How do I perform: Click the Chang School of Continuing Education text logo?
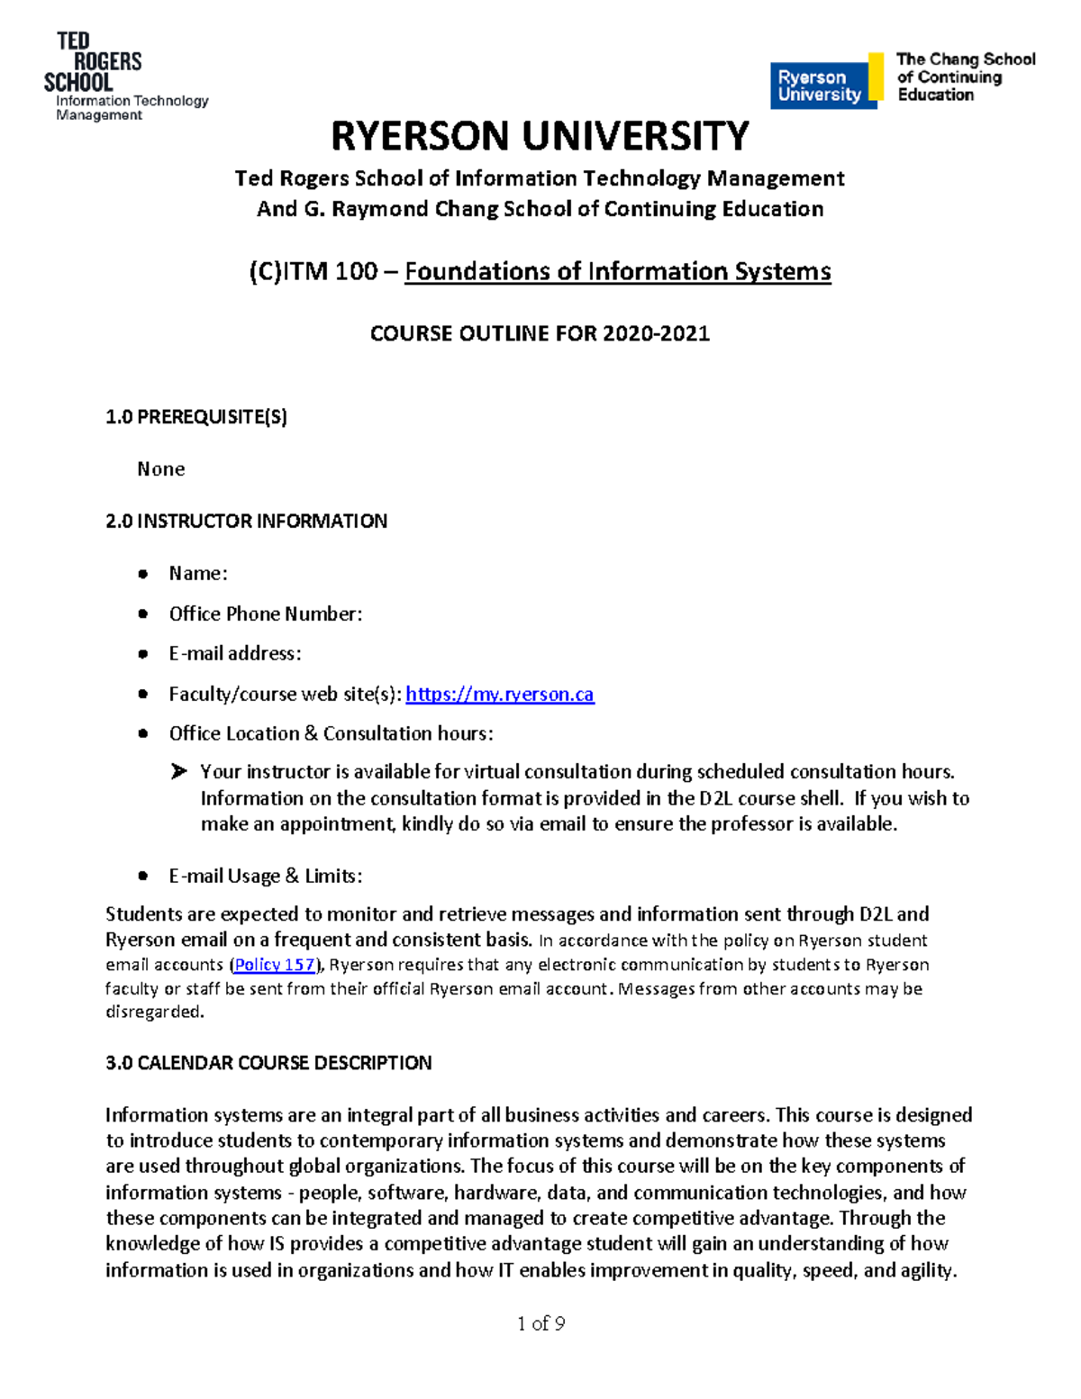965,77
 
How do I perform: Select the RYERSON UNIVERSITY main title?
540,137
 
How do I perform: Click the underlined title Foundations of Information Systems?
617,271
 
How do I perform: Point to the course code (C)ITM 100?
313,271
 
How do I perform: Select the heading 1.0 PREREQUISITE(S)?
196,416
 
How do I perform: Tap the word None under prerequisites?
160,468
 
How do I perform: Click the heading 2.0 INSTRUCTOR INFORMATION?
246,521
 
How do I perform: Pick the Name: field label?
198,573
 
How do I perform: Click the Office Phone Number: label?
266,613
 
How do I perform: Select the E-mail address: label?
235,653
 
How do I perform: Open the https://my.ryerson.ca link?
499,694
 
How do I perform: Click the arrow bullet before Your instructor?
179,771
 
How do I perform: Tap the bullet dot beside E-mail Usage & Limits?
142,876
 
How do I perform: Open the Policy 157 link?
275,965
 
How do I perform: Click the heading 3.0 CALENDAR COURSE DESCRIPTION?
268,1062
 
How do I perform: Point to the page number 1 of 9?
540,1322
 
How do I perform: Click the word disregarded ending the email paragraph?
154,1012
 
